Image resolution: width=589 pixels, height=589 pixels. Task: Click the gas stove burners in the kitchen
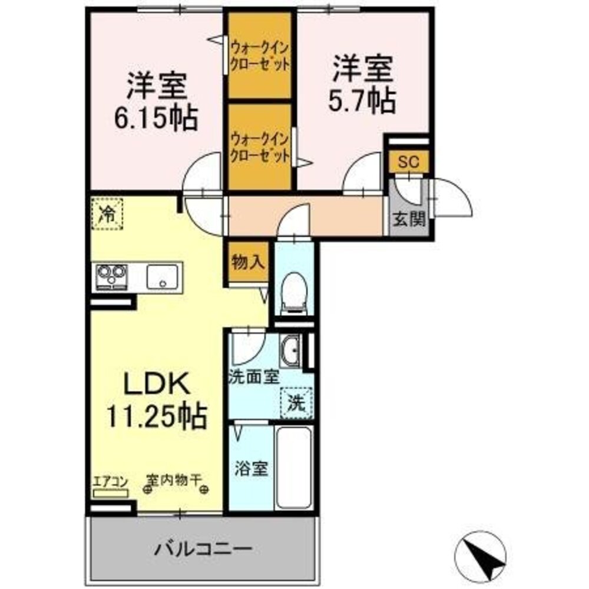click(112, 276)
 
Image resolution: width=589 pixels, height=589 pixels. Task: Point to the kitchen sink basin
click(162, 276)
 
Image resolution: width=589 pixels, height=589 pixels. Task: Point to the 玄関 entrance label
click(409, 220)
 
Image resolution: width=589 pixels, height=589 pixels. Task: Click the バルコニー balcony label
click(204, 550)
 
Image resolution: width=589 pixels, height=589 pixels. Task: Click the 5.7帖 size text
click(361, 102)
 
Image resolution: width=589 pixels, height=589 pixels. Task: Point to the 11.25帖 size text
click(155, 417)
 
